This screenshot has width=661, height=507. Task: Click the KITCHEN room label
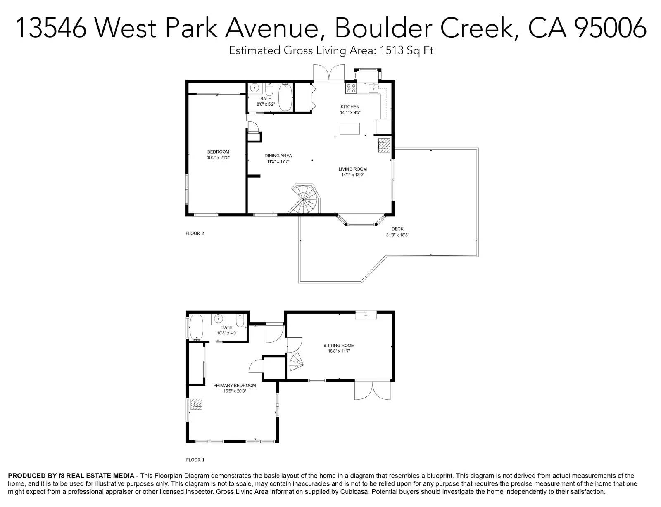click(x=350, y=107)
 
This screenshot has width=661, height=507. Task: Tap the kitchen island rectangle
click(x=350, y=128)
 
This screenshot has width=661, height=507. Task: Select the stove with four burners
click(x=351, y=88)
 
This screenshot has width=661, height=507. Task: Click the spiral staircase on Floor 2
click(x=304, y=199)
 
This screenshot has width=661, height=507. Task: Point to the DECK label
click(x=397, y=229)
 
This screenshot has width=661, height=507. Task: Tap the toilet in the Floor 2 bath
click(x=269, y=89)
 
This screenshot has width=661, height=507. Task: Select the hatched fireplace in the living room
click(x=384, y=145)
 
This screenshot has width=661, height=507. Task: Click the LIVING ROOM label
click(x=352, y=169)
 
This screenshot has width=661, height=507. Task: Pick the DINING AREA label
click(x=278, y=156)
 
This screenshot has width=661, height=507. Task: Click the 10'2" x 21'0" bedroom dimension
click(x=218, y=158)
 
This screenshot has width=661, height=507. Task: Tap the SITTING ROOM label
click(x=339, y=345)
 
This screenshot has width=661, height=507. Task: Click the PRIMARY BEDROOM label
click(x=235, y=386)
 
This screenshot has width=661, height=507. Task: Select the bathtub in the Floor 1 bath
click(x=197, y=327)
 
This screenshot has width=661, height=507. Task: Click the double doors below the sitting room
click(x=372, y=391)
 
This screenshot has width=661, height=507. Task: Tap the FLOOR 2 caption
click(x=195, y=233)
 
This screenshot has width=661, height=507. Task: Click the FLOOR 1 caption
click(x=195, y=460)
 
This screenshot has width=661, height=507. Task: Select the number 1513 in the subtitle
click(x=391, y=50)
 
